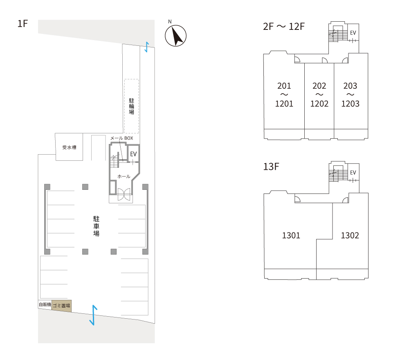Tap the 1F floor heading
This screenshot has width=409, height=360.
pos(22,24)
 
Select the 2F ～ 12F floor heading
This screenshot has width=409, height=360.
pos(284,27)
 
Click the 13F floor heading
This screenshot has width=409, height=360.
pos(271,166)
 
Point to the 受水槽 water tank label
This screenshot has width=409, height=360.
pos(70,147)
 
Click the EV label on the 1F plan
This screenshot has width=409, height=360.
pos(133,154)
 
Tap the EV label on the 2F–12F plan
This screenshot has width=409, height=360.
pos(353,33)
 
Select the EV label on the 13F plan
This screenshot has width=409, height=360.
pos(353,173)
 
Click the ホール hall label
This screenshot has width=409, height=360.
pos(124,177)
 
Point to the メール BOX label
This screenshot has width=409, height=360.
pos(121,138)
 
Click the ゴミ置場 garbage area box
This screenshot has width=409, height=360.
pos(61,306)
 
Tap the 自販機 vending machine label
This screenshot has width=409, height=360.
pos(45,304)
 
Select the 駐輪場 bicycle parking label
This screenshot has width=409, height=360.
pos(131,106)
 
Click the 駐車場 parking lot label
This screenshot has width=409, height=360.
pos(96,226)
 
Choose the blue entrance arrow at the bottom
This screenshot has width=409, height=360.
pos(93,315)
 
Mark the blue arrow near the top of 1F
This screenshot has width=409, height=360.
pos(147,47)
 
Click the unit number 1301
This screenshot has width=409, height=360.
pos(291,236)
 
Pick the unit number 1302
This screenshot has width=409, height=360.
pos(350,236)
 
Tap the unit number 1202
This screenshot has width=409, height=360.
pos(319,104)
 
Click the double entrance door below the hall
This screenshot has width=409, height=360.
pos(124,194)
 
